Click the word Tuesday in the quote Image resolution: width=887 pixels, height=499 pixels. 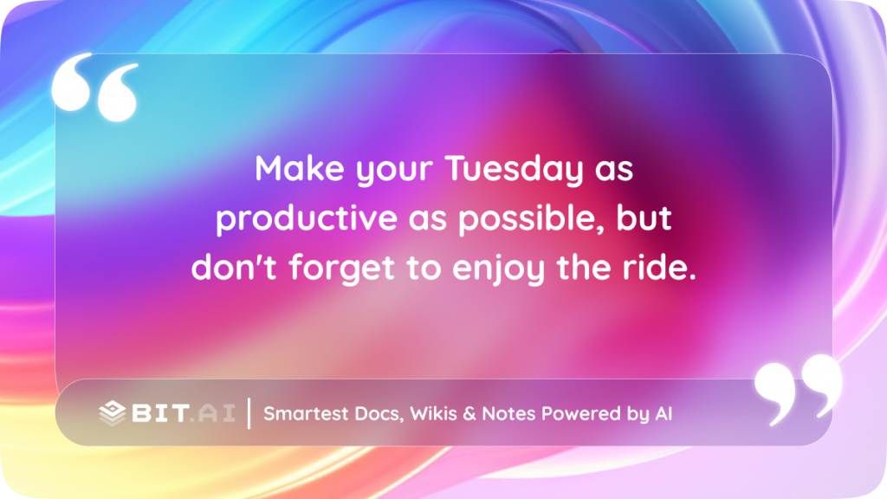pos(514,169)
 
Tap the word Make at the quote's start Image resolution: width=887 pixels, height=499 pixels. pos(299,168)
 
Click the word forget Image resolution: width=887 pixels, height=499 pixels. pos(341,268)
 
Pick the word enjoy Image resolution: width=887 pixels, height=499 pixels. pos(498,269)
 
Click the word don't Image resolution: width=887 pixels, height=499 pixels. pos(234,267)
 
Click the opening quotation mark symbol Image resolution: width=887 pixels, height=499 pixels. pos(95,87)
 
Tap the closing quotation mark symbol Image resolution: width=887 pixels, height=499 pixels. pos(799,389)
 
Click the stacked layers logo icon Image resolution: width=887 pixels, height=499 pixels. pos(112,413)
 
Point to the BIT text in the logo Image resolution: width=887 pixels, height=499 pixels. pos(159,413)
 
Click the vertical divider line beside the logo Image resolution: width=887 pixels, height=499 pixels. pos(249,413)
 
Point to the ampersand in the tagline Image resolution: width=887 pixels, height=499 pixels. pos(469,414)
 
